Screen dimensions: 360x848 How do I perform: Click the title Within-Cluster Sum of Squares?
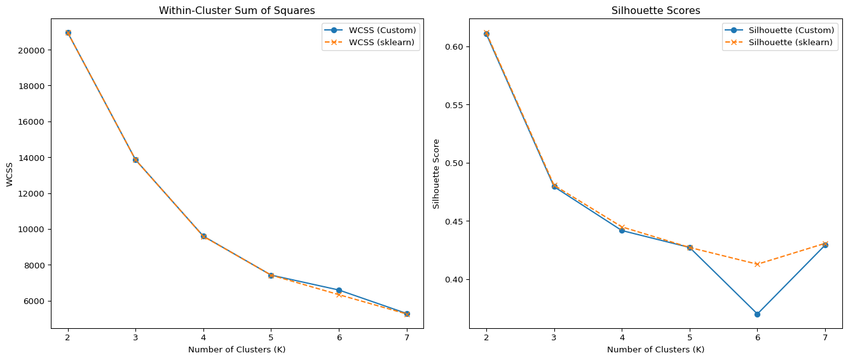coord(236,10)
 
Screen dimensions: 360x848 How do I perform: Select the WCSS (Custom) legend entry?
coord(382,30)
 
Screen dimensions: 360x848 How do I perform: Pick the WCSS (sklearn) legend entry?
coord(382,42)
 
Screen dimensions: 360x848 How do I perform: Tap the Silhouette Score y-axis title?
coord(436,174)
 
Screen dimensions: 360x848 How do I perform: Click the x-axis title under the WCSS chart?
coord(236,349)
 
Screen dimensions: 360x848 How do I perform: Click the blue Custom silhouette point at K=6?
coord(757,314)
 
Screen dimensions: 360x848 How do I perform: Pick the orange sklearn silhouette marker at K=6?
coord(757,264)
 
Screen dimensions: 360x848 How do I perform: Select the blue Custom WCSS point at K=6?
coord(339,290)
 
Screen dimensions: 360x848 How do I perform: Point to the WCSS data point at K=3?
coord(135,160)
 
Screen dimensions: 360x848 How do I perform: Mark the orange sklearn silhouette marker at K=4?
coord(622,227)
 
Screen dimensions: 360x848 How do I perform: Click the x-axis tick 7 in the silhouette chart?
coord(825,337)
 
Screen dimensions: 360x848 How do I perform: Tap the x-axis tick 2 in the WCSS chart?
coord(68,337)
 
